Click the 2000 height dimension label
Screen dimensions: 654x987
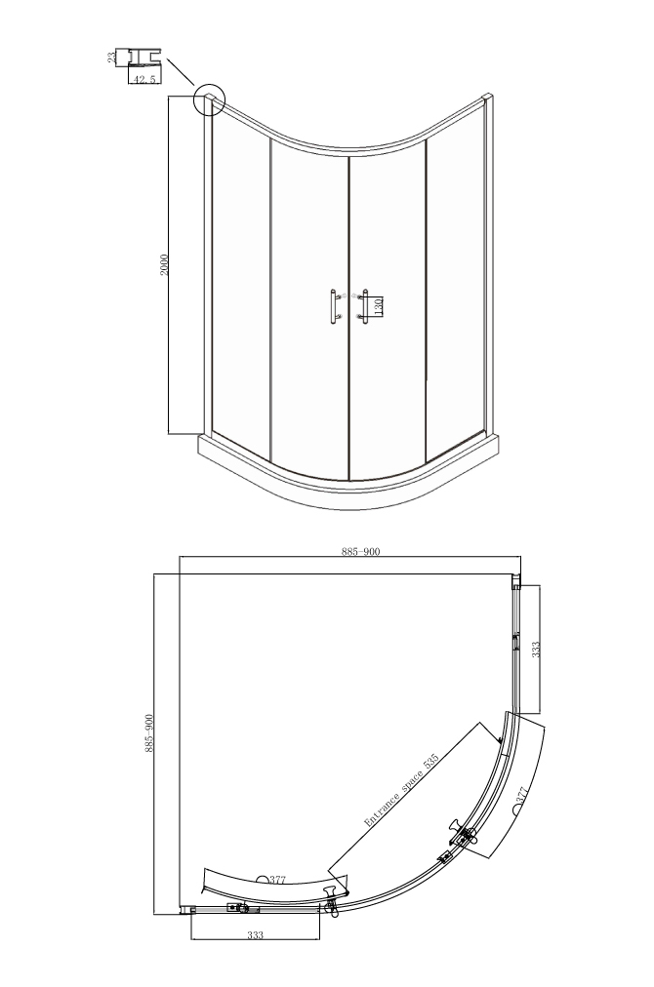point(164,264)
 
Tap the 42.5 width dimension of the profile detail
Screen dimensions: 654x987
point(144,79)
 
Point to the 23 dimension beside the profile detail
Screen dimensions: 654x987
point(111,58)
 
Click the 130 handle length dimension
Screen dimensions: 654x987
point(379,306)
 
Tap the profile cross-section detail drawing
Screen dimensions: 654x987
point(144,58)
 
